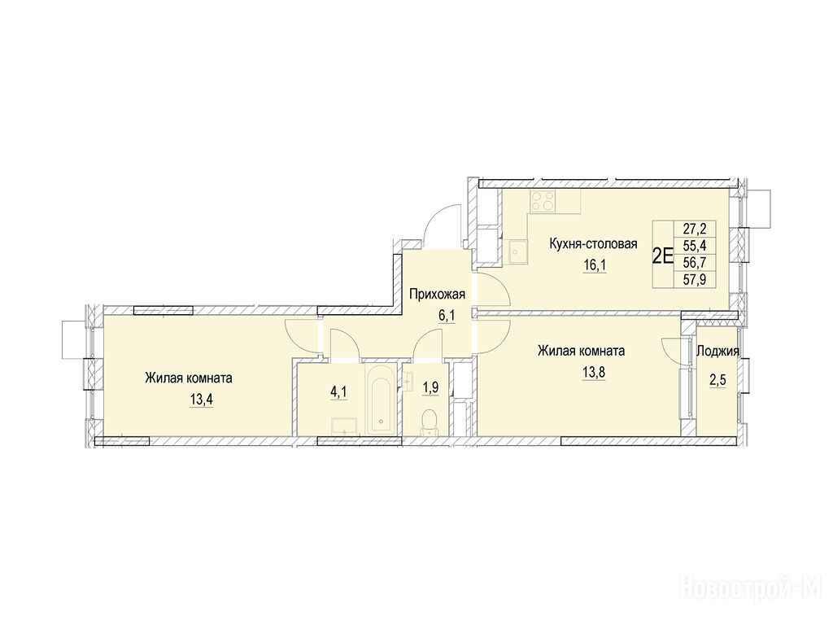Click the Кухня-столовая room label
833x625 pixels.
point(593,244)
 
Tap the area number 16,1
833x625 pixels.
point(595,264)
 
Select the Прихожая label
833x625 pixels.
point(437,294)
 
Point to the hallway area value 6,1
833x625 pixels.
point(447,315)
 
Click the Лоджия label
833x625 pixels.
point(717,352)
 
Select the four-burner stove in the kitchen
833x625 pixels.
point(543,202)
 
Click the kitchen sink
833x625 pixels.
point(517,252)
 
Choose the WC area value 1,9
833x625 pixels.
point(430,387)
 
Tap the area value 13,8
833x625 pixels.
point(594,372)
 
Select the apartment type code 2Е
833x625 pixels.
point(662,256)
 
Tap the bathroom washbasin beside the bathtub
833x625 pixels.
point(345,427)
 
